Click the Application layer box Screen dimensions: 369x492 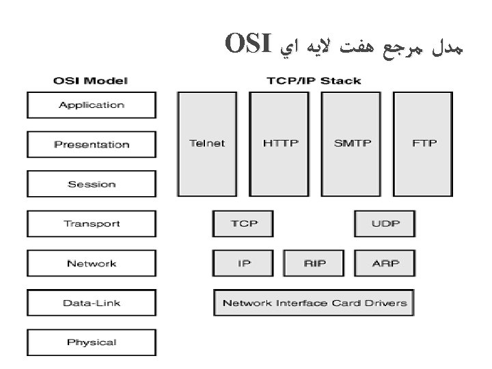coord(92,105)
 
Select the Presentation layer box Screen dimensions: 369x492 coord(92,144)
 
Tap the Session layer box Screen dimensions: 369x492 coord(92,184)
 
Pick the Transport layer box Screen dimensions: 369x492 coord(92,223)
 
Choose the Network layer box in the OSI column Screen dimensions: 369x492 coord(92,263)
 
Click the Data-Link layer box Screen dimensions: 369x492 coord(92,303)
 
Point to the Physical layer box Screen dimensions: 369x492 coord(92,342)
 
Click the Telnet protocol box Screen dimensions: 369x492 coord(207,143)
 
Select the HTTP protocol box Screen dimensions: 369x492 coord(280,143)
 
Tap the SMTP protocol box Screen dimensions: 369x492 coord(352,143)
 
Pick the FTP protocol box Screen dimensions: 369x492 coord(424,143)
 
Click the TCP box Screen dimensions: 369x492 coord(243,223)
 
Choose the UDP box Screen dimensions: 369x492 coord(385,223)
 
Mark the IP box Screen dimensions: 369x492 coord(243,263)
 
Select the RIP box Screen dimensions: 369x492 coord(314,263)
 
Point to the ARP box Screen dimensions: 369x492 coord(385,263)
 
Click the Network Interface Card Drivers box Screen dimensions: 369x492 coord(314,303)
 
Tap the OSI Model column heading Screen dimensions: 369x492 coord(90,81)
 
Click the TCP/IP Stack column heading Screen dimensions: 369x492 coord(314,81)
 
